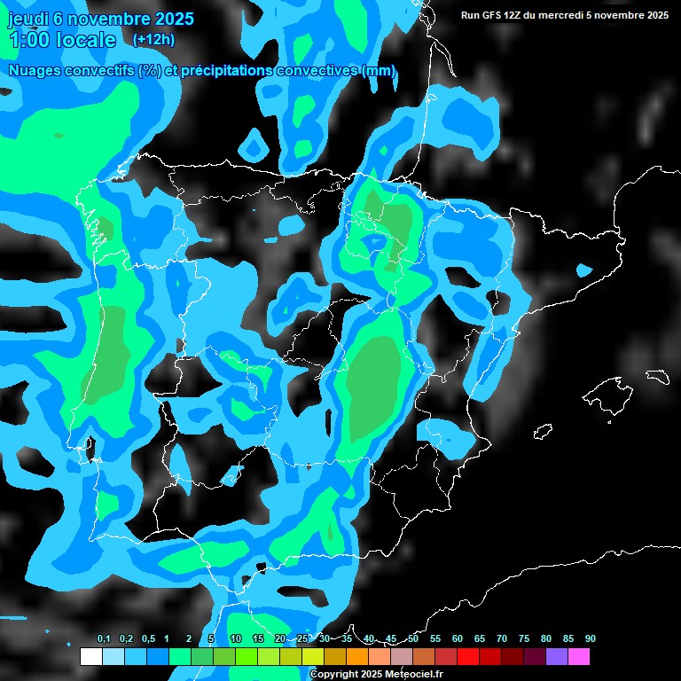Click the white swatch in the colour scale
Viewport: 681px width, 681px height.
tap(90, 656)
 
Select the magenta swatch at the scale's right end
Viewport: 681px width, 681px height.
tap(579, 656)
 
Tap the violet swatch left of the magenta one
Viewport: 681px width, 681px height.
tap(557, 656)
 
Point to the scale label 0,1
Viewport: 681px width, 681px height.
tap(104, 639)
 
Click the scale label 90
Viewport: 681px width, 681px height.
tap(590, 639)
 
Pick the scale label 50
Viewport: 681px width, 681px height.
tap(413, 639)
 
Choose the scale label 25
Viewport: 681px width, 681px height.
tap(302, 639)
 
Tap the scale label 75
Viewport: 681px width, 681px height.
tap(523, 639)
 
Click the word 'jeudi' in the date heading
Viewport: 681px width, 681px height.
tap(28, 19)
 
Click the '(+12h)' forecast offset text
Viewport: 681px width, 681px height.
tap(153, 39)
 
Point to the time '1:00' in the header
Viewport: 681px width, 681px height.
tap(28, 40)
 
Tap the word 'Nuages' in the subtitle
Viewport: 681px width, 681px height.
tap(36, 71)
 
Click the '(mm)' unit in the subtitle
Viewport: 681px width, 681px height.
tap(379, 71)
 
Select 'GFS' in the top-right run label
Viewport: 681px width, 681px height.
tap(496, 15)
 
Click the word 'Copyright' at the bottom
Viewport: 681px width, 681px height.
tap(334, 675)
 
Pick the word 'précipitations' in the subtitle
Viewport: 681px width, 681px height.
tap(223, 71)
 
